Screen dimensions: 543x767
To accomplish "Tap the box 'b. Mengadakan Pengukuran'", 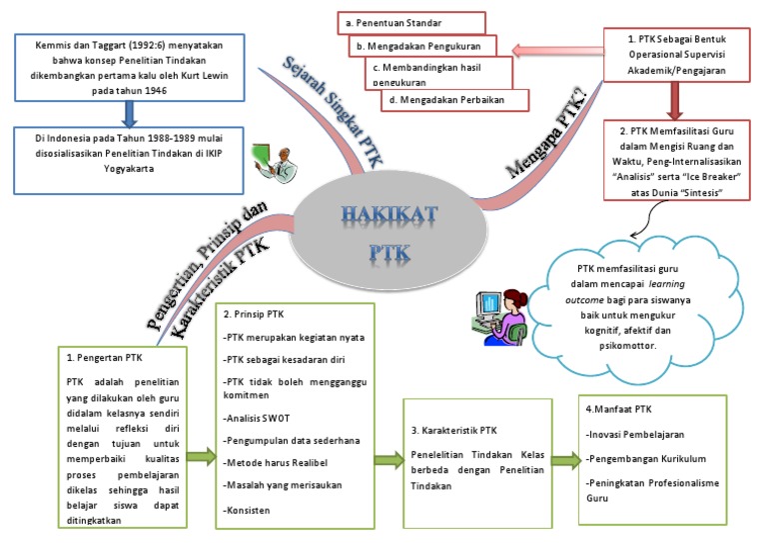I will (423, 46).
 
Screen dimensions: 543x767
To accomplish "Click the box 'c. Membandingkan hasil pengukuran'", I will (439, 73).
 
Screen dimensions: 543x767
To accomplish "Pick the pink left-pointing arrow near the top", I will (553, 48).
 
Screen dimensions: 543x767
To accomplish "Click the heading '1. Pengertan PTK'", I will (105, 356).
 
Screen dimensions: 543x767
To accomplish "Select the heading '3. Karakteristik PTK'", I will (454, 431).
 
